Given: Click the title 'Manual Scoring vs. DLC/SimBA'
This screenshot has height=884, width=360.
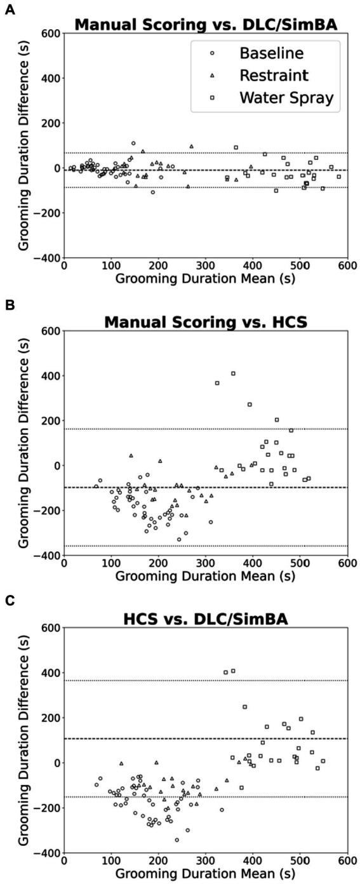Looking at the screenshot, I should coord(204,25).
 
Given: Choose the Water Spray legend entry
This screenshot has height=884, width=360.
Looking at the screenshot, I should coord(286,98).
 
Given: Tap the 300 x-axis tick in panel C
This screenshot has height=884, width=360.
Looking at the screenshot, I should coord(205,864).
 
